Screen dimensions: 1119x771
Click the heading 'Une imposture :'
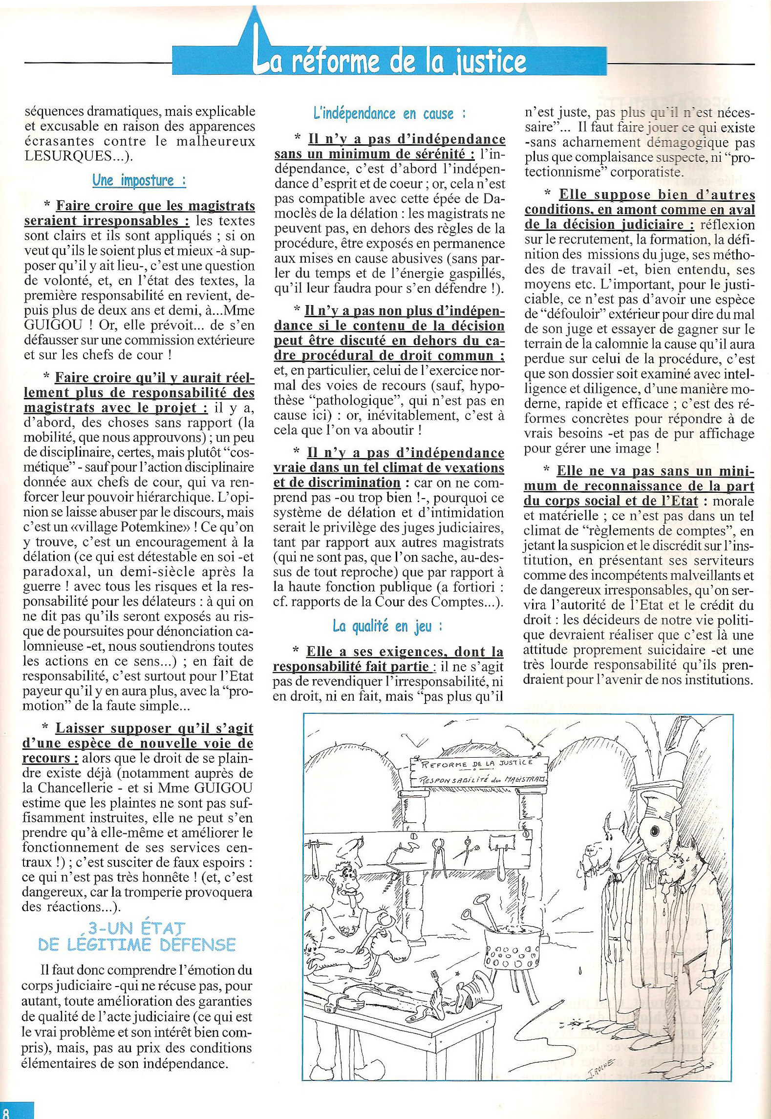[x=139, y=180]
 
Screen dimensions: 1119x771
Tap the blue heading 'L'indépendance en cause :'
[x=389, y=114]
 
